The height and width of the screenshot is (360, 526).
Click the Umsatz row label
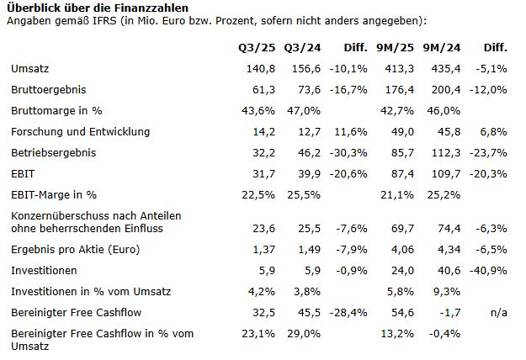click(x=30, y=67)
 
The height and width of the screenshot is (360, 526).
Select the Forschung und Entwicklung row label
click(x=80, y=132)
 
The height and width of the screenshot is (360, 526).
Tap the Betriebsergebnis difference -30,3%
click(x=351, y=154)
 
